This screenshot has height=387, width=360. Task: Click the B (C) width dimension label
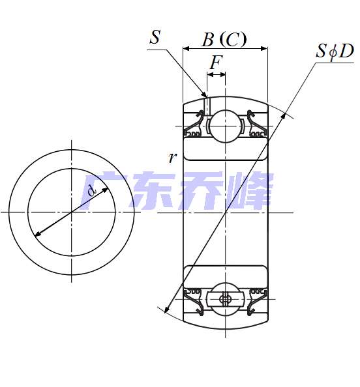[224, 40]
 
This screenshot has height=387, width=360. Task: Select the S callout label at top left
[155, 37]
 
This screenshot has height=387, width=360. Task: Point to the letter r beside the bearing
[172, 157]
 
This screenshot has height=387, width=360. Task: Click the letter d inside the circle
[91, 191]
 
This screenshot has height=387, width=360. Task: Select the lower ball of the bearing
[225, 299]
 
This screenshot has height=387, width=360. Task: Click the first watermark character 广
[100, 190]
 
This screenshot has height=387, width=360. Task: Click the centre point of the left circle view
[72, 212]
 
